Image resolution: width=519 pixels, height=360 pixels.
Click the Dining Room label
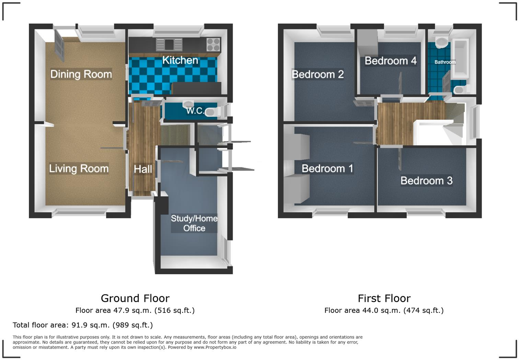[x=81, y=74]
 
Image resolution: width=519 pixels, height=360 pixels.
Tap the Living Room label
[x=79, y=169]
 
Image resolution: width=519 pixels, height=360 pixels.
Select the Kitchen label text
[x=180, y=60]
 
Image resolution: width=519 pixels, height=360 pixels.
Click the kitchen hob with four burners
[x=213, y=44]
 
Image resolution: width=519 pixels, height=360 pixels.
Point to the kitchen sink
[x=169, y=44]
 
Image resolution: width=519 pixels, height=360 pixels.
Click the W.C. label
[x=195, y=111]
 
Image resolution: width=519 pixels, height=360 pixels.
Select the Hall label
[x=143, y=169]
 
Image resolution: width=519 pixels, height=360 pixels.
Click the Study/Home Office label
[x=194, y=223]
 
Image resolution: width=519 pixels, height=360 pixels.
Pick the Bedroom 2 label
[x=318, y=75]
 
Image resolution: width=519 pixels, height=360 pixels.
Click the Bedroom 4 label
[x=390, y=61]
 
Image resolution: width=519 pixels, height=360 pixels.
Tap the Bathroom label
[x=445, y=62]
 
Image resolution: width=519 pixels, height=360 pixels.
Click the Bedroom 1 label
[x=327, y=169]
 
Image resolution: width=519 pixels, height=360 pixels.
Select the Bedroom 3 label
[x=426, y=181]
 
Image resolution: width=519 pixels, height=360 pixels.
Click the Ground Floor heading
[x=135, y=298]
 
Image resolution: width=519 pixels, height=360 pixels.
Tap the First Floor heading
[x=384, y=298]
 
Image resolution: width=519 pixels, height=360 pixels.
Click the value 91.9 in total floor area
[x=79, y=325]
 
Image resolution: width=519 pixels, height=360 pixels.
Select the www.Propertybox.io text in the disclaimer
[x=215, y=347]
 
